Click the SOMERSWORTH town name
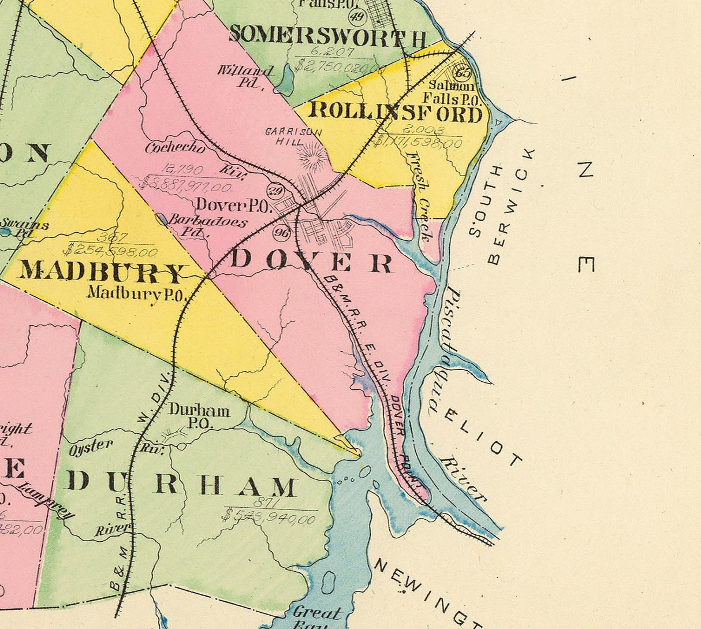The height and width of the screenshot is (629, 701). click(328, 36)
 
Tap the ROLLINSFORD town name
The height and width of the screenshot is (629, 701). click(396, 113)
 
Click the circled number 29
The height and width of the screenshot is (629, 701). click(275, 190)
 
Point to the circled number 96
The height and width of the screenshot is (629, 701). click(282, 233)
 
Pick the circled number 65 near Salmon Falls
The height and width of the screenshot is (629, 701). click(463, 73)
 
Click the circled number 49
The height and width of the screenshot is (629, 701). click(358, 16)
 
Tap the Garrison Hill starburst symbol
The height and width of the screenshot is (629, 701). click(312, 157)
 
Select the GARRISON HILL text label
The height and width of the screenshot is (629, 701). click(293, 136)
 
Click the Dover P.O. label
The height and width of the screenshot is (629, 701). click(233, 205)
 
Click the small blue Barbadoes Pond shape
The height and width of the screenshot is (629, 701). click(162, 219)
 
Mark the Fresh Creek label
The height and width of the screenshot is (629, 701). click(420, 196)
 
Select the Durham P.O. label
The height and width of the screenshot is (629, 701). click(199, 416)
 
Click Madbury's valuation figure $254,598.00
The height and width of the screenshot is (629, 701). click(110, 252)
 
